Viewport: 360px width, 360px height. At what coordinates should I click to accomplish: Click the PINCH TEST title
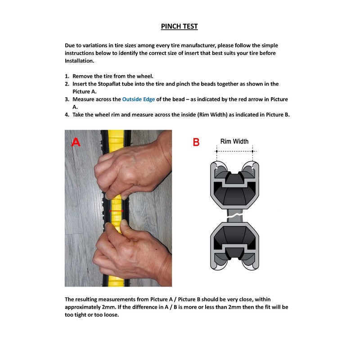point(179,26)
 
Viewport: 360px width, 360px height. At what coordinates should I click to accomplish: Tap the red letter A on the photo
point(76,143)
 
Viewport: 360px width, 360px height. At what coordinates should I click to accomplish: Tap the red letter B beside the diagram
point(196,142)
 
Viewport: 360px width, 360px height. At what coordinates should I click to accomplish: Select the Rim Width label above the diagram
point(234,141)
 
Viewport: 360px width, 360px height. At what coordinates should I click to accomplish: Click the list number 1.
point(67,76)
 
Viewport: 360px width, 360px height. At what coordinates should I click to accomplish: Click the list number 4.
point(67,114)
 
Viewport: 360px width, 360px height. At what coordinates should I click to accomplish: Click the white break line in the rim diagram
point(234,216)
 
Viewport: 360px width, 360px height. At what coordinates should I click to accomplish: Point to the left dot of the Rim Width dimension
point(216,151)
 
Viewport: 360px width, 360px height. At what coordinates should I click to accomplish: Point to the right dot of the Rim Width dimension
point(253,151)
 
